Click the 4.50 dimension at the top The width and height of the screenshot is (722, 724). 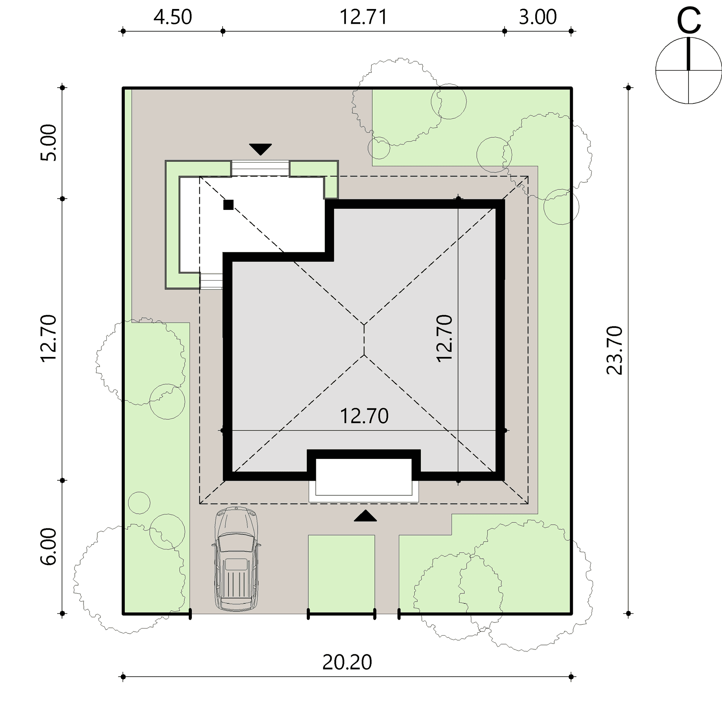click(173, 17)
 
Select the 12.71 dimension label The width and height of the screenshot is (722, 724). click(363, 17)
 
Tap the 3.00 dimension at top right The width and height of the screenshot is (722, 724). click(538, 17)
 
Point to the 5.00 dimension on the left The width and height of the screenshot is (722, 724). click(48, 143)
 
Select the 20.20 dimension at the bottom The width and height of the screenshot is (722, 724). click(347, 662)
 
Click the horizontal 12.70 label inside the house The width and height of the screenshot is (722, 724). click(364, 416)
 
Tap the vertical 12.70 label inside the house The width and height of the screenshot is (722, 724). click(444, 338)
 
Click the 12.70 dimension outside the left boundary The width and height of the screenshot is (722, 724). click(48, 338)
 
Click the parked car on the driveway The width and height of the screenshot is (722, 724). click(237, 559)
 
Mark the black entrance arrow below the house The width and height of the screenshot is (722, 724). click(365, 516)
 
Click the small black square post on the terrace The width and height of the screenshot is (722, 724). click(228, 205)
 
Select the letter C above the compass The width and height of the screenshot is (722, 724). click(689, 21)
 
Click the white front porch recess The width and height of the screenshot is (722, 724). click(363, 477)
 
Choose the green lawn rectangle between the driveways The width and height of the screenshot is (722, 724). click(341, 574)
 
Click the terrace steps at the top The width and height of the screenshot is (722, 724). click(260, 168)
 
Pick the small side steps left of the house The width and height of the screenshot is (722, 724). click(211, 281)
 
